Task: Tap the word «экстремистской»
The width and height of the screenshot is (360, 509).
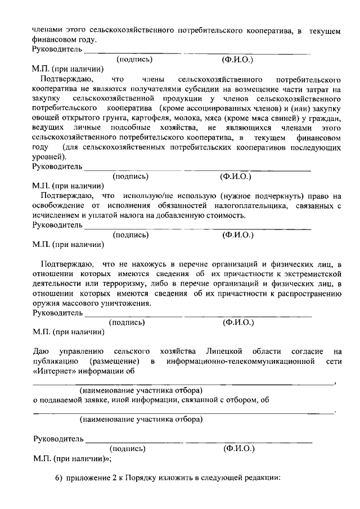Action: pyautogui.click(x=311, y=273)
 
